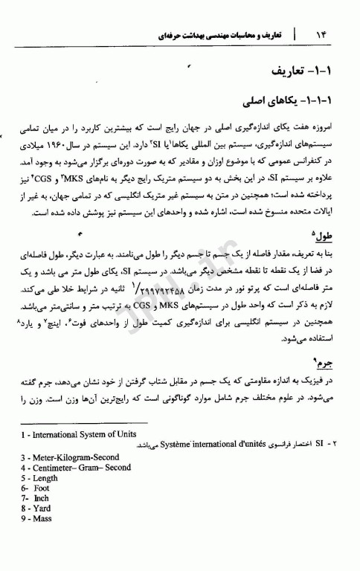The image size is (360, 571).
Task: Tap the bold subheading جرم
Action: click(325, 364)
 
